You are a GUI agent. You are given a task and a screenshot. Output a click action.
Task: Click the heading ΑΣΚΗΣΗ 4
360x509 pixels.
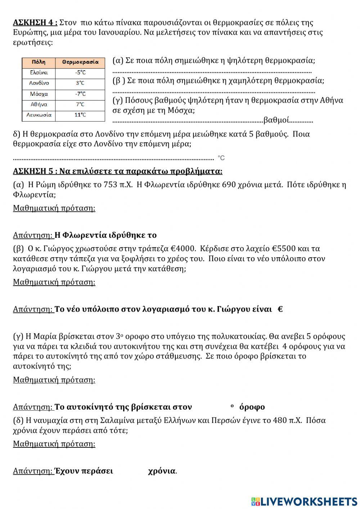pos(35,23)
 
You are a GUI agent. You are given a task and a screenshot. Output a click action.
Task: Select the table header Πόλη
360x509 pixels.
pos(39,62)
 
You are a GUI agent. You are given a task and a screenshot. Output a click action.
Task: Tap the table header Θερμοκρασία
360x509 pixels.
pos(80,62)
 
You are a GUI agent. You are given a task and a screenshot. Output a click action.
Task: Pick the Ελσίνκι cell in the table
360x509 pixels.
pos(39,72)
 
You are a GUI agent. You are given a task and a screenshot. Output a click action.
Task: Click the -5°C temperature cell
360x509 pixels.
pos(80,72)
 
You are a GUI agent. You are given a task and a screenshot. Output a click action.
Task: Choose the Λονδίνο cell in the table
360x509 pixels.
pos(39,83)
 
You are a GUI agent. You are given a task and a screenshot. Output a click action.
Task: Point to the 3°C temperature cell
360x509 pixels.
pos(80,83)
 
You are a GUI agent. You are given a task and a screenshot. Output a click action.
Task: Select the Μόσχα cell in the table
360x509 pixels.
pos(39,94)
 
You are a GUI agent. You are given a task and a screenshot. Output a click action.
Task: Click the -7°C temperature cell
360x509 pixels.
pos(80,94)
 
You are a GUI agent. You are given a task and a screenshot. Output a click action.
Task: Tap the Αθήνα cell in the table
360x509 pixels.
pos(39,104)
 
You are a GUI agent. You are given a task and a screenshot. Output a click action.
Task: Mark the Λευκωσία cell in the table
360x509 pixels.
pos(39,115)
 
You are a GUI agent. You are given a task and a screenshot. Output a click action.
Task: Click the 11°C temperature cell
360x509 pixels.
pos(80,115)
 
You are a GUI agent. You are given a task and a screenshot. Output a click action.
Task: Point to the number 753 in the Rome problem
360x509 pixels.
pos(110,185)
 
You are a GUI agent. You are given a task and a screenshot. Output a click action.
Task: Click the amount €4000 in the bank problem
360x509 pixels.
pos(183,249)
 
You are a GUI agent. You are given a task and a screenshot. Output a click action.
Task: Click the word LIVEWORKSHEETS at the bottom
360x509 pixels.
pos(309,501)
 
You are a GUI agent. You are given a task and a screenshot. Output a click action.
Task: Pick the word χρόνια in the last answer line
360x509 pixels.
pos(162,471)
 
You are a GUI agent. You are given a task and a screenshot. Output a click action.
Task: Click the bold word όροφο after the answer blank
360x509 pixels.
pos(252,407)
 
